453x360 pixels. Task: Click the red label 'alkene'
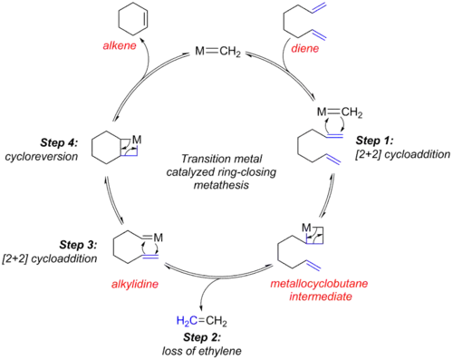[x=120, y=45]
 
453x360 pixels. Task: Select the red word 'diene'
[x=304, y=48]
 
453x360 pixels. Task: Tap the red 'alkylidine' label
[x=135, y=284]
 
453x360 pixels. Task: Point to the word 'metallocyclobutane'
[x=319, y=284]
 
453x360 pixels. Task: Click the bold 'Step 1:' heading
[x=374, y=141]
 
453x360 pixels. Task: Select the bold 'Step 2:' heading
[x=202, y=337]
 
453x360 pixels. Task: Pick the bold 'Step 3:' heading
[x=78, y=245]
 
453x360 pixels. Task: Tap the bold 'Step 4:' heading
[x=59, y=142]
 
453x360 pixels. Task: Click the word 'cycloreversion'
[x=42, y=157]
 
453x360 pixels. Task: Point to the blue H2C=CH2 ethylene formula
[x=201, y=321]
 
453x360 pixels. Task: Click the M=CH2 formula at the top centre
[x=217, y=52]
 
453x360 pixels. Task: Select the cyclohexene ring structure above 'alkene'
[x=133, y=20]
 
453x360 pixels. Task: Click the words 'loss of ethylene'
[x=202, y=351]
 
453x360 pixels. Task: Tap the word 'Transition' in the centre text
[x=199, y=159]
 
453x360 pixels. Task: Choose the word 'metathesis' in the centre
[x=221, y=185]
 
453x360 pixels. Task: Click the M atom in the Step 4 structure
[x=137, y=140]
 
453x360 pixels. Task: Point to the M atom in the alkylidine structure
[x=158, y=238]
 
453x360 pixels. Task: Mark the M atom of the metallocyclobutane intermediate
[x=307, y=228]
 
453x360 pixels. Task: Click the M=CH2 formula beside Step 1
[x=340, y=112]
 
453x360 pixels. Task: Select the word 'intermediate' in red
[x=321, y=297]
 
